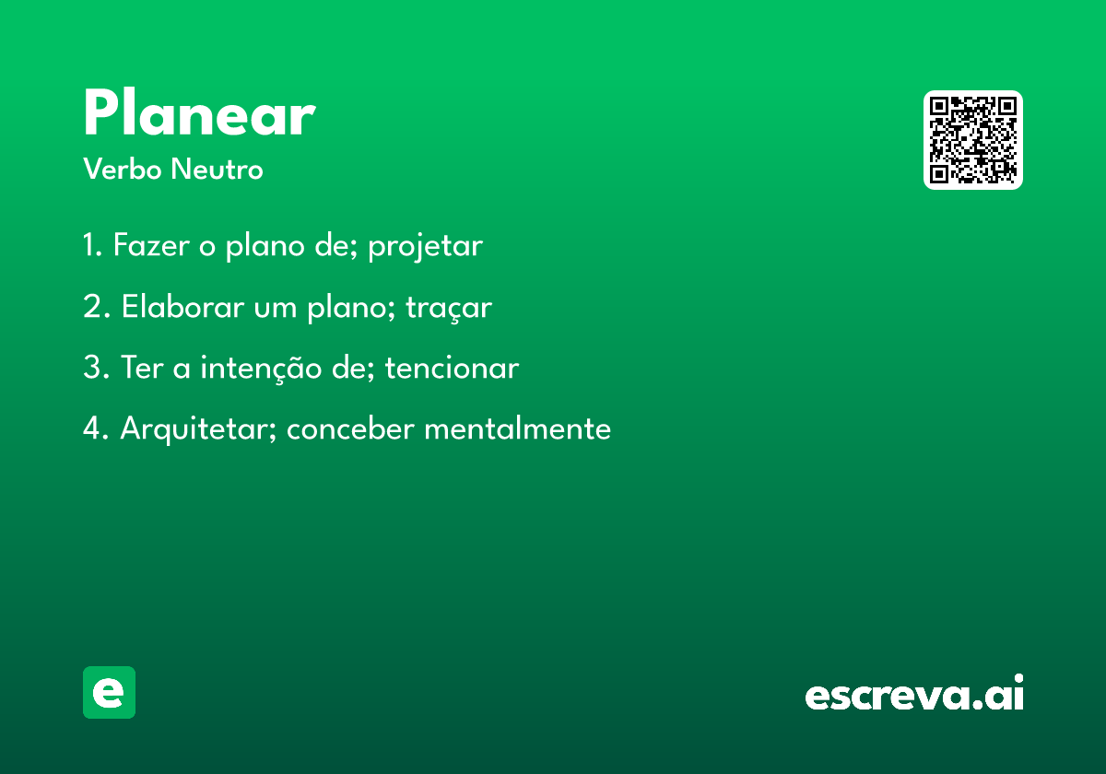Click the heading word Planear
click(x=199, y=111)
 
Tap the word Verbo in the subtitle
click(x=123, y=169)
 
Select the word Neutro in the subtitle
click(x=218, y=169)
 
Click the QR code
click(x=972, y=140)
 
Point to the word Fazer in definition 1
click(x=151, y=244)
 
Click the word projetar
click(x=425, y=246)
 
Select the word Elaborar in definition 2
click(x=182, y=306)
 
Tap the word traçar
click(x=449, y=308)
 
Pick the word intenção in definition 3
click(x=261, y=369)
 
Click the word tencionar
click(x=452, y=368)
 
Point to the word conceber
click(x=350, y=428)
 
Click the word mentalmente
click(x=517, y=428)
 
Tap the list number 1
click(x=92, y=244)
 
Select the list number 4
click(x=96, y=428)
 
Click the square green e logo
click(x=109, y=692)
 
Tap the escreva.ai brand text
click(x=914, y=692)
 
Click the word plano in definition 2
click(x=350, y=308)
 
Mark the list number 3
click(x=96, y=368)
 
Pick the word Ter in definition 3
click(x=142, y=368)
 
